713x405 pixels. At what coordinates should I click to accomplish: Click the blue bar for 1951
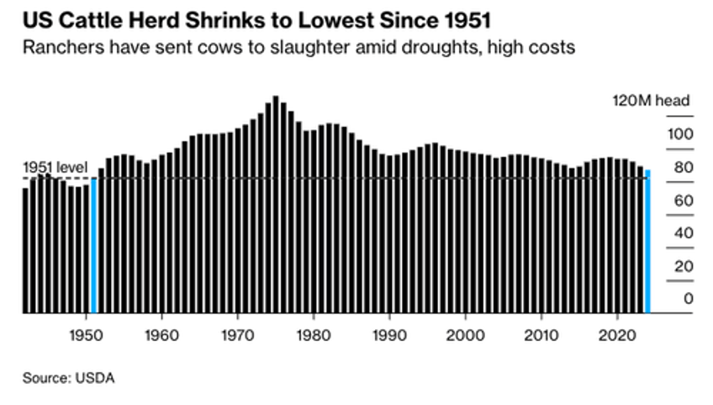click(x=93, y=244)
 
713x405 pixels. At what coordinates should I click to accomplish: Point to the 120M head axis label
click(x=650, y=101)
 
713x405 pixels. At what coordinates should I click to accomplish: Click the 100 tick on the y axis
click(x=679, y=134)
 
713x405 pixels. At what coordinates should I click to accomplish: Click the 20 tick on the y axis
click(x=682, y=265)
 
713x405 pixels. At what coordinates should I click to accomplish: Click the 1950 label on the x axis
click(x=86, y=331)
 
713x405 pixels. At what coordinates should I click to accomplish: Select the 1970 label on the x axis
click(x=238, y=331)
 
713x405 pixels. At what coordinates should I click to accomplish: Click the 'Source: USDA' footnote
click(x=68, y=378)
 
